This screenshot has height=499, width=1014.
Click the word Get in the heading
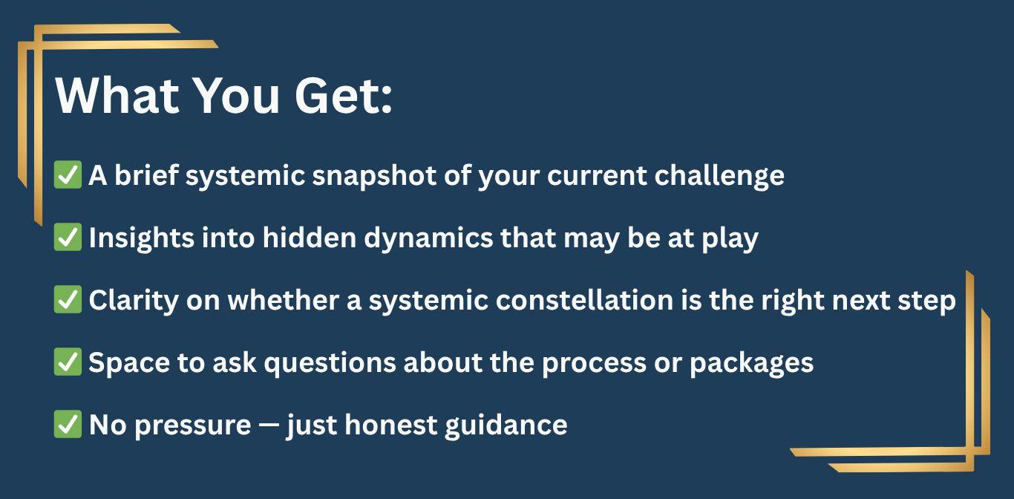point(337,96)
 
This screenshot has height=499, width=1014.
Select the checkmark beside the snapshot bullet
point(68,175)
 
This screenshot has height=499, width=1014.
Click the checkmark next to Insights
point(68,237)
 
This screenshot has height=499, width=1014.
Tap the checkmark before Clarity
point(68,299)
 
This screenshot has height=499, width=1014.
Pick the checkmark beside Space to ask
point(68,362)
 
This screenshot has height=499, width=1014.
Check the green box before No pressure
point(68,424)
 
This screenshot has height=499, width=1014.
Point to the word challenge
point(719,176)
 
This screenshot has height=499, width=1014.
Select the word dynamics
point(428,238)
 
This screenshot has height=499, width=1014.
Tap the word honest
point(391,425)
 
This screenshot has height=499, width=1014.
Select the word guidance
point(506,426)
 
